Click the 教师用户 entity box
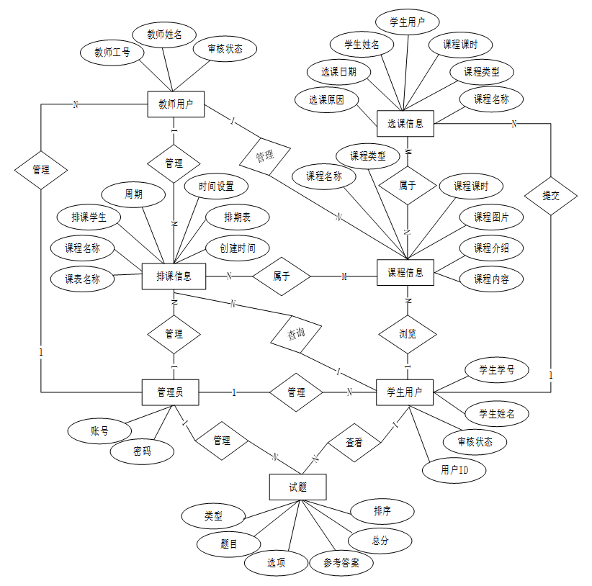click(x=175, y=105)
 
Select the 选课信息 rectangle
click(x=405, y=123)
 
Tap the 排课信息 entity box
click(x=174, y=274)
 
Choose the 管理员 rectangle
click(x=170, y=392)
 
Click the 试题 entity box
click(x=297, y=487)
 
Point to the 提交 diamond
click(x=551, y=194)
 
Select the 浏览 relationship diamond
click(x=408, y=334)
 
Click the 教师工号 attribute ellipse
click(x=112, y=52)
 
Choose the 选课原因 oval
click(x=326, y=100)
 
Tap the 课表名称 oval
click(x=83, y=279)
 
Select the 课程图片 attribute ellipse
click(x=492, y=217)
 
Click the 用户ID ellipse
click(x=454, y=470)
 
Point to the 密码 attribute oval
click(x=142, y=451)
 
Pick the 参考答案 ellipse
click(x=342, y=562)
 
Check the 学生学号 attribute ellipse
click(x=497, y=370)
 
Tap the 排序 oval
click(x=382, y=511)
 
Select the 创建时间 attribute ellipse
click(x=236, y=248)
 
